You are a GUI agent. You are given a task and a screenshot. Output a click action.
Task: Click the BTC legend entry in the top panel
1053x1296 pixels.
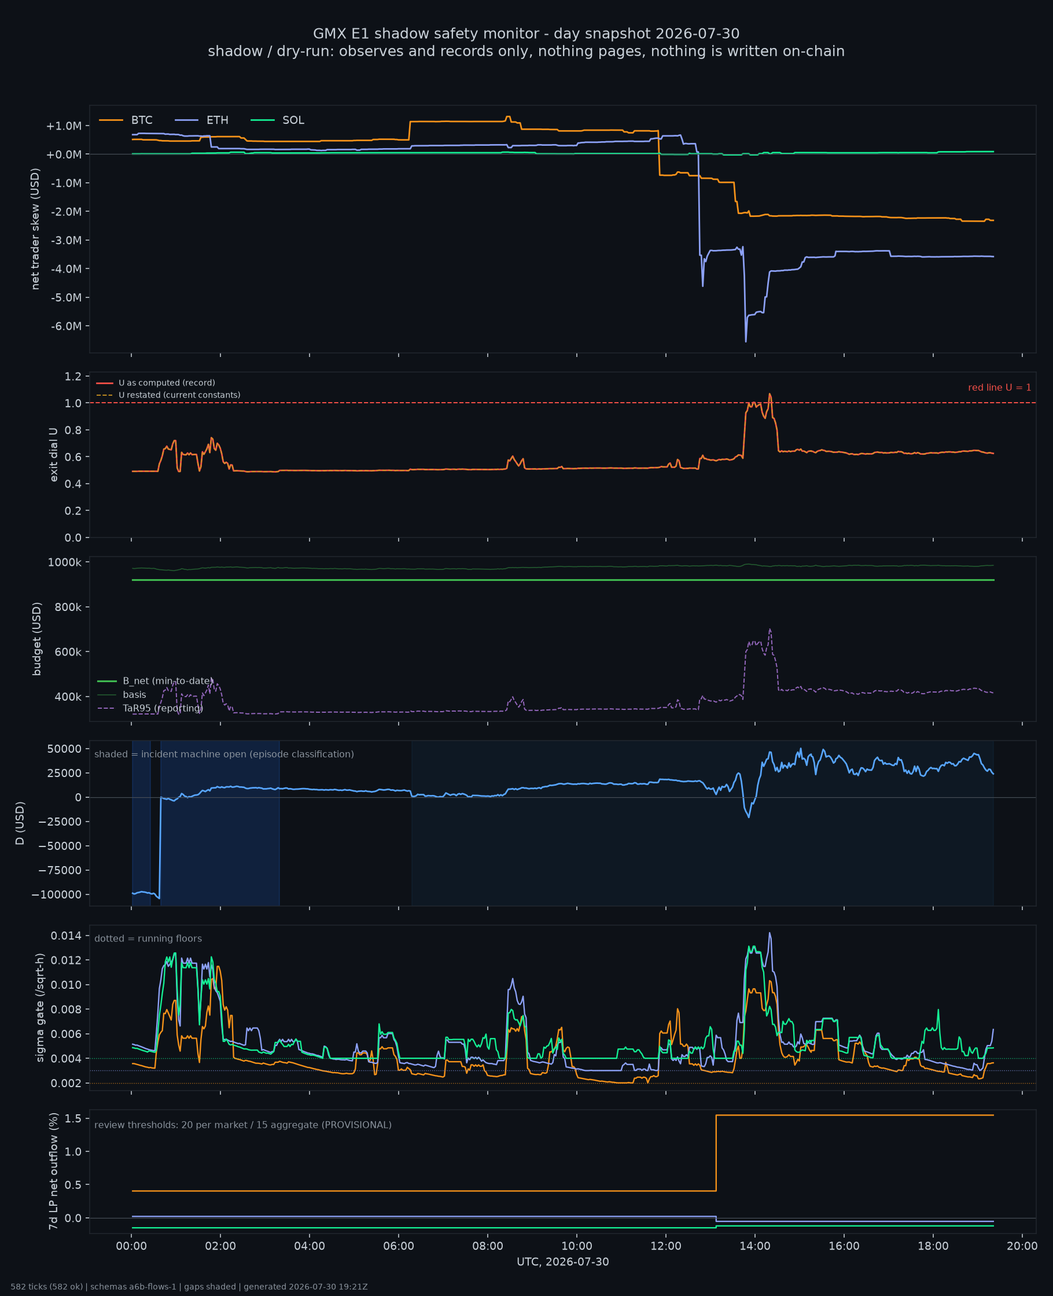coord(126,120)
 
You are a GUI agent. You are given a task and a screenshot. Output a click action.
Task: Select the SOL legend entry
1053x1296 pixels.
coord(277,120)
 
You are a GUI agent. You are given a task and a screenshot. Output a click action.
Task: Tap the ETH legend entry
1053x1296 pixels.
coord(201,120)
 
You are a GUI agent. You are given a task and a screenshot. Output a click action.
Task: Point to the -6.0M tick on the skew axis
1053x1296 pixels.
coord(66,326)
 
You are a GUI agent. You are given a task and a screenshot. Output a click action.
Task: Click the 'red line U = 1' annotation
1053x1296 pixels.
coord(999,388)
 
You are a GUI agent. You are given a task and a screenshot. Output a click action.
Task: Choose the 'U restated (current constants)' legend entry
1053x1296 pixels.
coord(168,395)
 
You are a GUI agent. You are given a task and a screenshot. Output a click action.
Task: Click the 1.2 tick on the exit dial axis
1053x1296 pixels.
coord(73,377)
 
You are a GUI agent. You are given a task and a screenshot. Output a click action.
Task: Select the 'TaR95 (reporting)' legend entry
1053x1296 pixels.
coord(150,708)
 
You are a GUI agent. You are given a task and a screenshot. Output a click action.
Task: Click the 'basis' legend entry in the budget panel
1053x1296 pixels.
coord(122,695)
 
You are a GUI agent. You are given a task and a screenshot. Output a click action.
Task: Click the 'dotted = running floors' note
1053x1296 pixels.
coord(148,939)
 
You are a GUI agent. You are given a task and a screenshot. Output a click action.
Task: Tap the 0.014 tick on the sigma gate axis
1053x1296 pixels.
coord(66,936)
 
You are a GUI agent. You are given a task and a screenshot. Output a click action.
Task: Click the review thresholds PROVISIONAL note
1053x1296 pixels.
coord(243,1125)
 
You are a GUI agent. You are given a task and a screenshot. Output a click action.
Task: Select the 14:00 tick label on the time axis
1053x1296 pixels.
coord(754,1246)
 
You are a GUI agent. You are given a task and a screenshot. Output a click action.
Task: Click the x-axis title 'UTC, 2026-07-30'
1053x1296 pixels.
coord(563,1262)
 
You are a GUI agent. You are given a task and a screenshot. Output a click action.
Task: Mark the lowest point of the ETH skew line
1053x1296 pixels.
coord(746,342)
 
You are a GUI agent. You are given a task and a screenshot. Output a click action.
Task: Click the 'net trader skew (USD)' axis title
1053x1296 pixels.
coord(35,229)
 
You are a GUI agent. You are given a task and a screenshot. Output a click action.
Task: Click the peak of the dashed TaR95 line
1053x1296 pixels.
coord(770,629)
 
